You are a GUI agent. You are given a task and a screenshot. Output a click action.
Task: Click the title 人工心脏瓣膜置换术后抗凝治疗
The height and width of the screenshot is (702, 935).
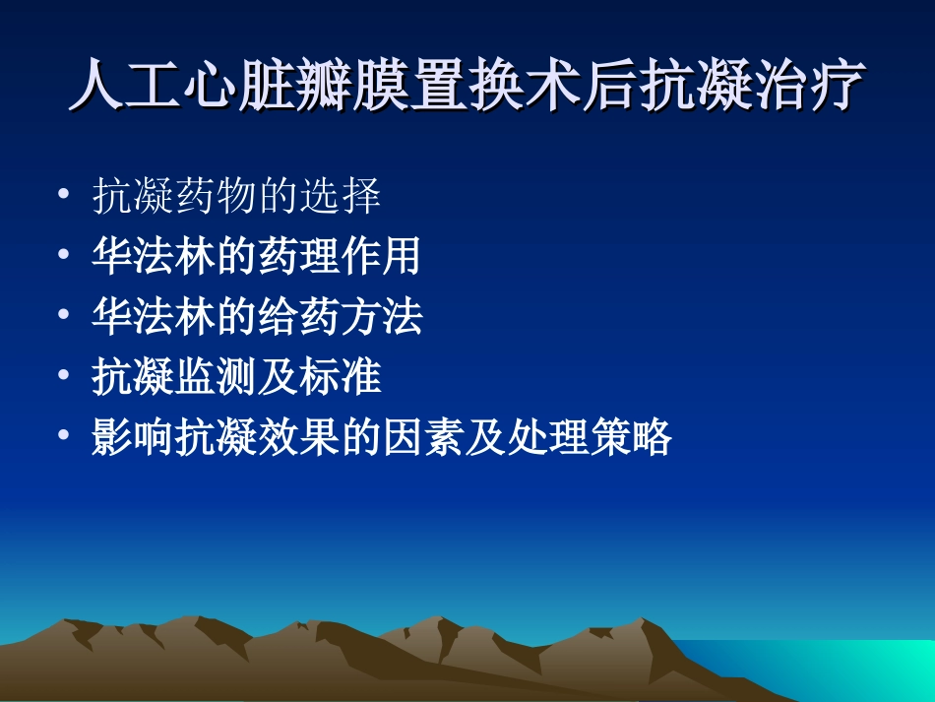tap(467, 87)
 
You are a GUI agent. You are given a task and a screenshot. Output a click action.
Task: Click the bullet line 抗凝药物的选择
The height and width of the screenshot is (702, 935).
tap(236, 197)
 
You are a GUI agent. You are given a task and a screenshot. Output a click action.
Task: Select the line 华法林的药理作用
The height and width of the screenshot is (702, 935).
tap(256, 256)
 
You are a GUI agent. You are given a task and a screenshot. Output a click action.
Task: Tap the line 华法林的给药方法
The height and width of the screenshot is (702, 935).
tap(256, 316)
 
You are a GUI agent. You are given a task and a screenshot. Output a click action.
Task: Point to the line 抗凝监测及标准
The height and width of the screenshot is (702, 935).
tap(236, 376)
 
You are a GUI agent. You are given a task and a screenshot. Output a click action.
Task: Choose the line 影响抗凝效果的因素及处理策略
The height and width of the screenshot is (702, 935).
tap(381, 436)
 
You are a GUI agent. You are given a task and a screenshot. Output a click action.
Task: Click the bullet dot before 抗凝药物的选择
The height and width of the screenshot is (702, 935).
tap(65, 196)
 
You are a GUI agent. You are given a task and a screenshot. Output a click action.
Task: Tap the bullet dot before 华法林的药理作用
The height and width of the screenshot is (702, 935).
tap(65, 255)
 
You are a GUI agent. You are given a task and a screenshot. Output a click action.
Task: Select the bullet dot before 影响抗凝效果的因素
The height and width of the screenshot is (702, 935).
tap(65, 435)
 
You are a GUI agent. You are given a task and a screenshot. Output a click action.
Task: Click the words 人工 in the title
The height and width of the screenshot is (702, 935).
tap(127, 87)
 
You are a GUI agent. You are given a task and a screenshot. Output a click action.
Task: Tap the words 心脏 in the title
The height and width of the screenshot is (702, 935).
tap(240, 87)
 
